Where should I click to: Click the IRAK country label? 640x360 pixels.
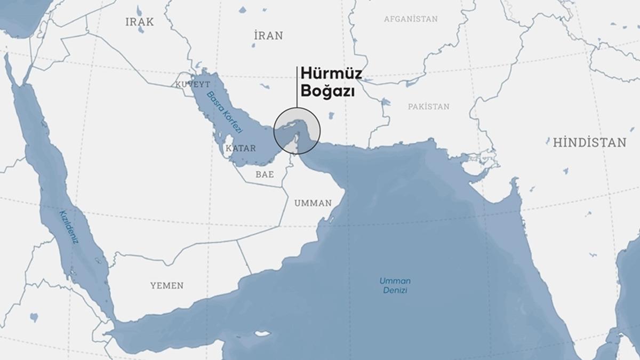click(x=139, y=22)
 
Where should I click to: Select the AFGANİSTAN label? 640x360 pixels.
click(x=411, y=19)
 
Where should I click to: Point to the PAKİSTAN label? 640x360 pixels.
click(x=428, y=107)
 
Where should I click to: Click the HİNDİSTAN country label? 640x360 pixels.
click(x=589, y=142)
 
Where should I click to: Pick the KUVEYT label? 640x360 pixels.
click(x=193, y=84)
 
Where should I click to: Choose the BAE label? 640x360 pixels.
click(x=265, y=174)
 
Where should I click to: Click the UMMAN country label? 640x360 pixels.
click(x=313, y=203)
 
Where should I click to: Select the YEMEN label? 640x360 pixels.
click(x=166, y=285)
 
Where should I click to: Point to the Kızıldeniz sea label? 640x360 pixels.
click(x=69, y=226)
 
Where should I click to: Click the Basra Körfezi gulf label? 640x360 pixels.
click(x=225, y=113)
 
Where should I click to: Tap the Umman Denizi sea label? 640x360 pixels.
click(x=395, y=285)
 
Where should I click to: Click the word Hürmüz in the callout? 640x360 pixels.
click(x=331, y=74)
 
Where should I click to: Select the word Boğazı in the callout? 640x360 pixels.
click(x=327, y=91)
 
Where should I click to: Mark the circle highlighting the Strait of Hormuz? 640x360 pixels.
click(x=297, y=131)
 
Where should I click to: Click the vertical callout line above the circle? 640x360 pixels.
click(x=297, y=88)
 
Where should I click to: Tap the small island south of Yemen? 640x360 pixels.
click(x=262, y=334)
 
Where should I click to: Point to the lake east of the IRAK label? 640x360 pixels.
click(x=139, y=11)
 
